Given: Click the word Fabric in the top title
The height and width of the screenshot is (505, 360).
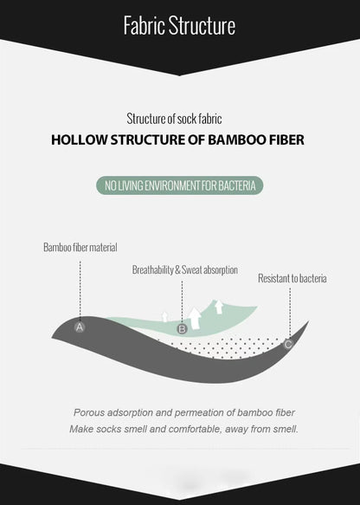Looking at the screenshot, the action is [x=145, y=25].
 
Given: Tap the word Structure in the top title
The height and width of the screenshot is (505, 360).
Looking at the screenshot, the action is [x=202, y=25].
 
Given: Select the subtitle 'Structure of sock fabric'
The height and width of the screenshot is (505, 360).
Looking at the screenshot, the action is [x=174, y=119].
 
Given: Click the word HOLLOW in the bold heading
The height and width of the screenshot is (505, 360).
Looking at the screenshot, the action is [x=79, y=139].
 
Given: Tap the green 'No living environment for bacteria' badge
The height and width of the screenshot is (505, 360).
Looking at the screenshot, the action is [x=179, y=185].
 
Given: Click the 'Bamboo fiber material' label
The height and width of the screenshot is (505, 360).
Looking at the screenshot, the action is [x=80, y=248].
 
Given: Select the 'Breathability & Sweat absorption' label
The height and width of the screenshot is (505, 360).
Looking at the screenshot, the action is [x=185, y=269].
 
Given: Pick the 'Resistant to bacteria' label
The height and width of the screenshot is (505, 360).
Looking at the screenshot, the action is [x=292, y=278].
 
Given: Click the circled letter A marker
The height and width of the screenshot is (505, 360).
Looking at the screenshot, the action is [x=79, y=327].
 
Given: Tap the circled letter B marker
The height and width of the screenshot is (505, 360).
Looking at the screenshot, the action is [x=182, y=329].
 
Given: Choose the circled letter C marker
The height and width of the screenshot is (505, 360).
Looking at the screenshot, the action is [x=288, y=344].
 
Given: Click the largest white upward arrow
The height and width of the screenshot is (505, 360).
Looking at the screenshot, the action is [x=195, y=319].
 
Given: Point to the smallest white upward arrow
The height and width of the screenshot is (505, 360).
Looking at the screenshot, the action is [x=164, y=317].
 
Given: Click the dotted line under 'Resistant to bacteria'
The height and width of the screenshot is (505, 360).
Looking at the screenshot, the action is [x=290, y=314].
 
